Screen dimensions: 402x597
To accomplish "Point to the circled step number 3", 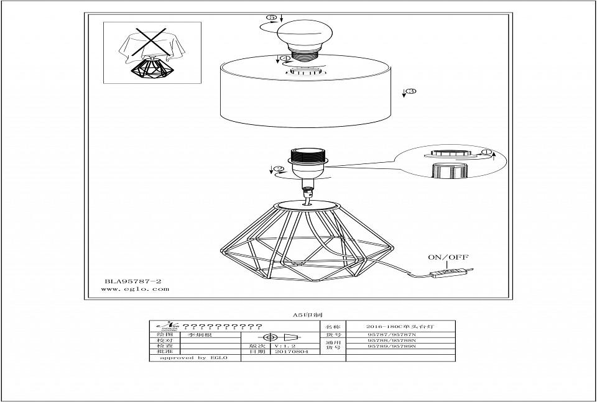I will tap(410, 92).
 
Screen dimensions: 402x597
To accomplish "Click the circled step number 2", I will tap(279, 168).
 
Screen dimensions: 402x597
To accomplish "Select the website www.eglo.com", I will tap(135, 289).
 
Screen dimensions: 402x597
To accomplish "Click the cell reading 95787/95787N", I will tap(391, 334).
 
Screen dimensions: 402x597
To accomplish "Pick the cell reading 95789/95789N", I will tap(391, 346).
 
